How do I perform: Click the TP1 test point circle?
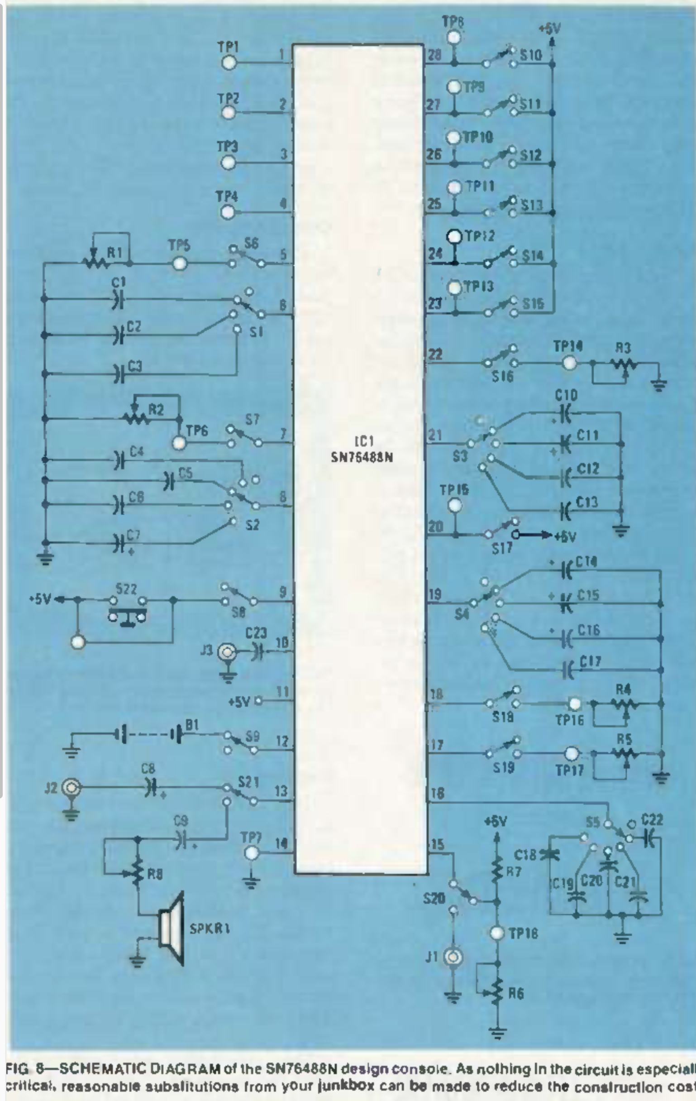[x=229, y=62]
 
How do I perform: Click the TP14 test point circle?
[x=569, y=364]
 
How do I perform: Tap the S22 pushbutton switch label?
[x=126, y=589]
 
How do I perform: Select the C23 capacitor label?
[x=256, y=633]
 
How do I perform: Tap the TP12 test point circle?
[x=454, y=236]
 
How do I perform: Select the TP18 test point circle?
[x=497, y=933]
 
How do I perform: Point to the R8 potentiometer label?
[x=155, y=875]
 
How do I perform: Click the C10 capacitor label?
[x=566, y=396]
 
